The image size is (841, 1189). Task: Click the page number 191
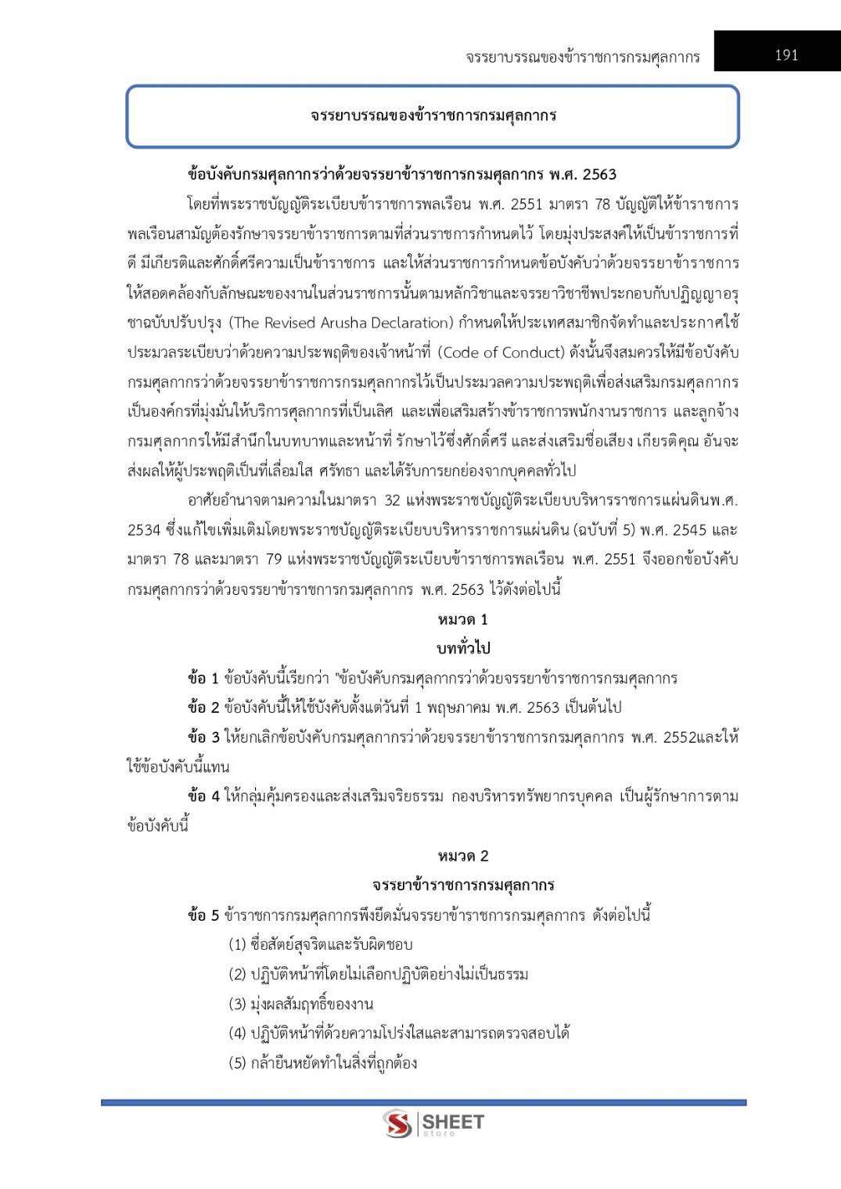point(786,55)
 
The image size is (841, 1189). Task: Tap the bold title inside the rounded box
point(433,116)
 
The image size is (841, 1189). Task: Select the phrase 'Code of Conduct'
point(500,353)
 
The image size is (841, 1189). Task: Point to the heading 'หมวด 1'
point(463,620)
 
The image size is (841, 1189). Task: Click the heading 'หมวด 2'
point(463,856)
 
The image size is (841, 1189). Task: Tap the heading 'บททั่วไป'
point(463,649)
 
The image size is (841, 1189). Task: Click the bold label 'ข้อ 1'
point(203,679)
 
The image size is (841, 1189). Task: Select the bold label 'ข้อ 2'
point(203,708)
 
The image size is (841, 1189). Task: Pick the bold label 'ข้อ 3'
point(203,738)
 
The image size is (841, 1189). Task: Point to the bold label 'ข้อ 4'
point(203,797)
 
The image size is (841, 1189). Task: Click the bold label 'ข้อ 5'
point(203,915)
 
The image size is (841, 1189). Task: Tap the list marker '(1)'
point(237,945)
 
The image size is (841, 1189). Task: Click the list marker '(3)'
point(237,1005)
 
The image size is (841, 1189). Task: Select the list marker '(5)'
point(237,1063)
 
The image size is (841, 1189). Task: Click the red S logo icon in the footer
point(397,1124)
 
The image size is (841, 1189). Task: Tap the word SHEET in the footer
point(453,1123)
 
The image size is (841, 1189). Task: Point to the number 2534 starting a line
point(143,531)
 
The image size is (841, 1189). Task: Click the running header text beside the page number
point(582,56)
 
